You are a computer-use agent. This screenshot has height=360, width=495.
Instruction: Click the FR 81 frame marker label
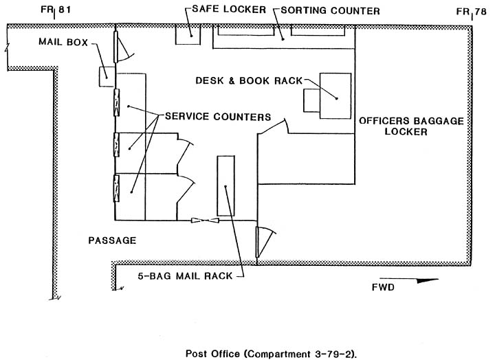point(56,10)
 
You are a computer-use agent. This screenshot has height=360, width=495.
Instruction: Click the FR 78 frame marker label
point(472,12)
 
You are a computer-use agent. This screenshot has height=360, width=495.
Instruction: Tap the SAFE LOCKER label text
point(229,9)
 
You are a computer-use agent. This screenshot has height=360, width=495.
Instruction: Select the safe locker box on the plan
point(188,35)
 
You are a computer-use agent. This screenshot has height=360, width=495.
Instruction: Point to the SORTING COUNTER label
point(330,11)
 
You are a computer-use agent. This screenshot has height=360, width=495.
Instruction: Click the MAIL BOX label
point(63,42)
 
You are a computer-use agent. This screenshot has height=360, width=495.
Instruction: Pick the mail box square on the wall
point(107,76)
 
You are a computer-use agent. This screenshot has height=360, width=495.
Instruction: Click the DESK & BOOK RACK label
point(249,80)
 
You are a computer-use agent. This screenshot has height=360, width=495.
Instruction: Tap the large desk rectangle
point(335,96)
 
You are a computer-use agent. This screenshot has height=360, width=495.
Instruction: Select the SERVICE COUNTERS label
point(218,117)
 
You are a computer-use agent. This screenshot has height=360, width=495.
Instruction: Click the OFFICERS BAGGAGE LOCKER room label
point(411,126)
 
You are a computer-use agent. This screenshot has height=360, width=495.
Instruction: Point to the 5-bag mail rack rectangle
point(225,185)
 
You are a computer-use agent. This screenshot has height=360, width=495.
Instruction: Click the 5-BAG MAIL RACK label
point(185,276)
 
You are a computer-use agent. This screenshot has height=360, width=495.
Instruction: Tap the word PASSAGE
point(112,240)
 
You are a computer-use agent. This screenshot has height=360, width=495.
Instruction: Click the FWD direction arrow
point(409,280)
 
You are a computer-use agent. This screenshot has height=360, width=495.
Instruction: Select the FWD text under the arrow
point(383,287)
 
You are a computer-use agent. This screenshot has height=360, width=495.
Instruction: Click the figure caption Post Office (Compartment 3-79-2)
point(271,354)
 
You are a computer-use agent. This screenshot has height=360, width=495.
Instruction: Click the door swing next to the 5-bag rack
point(266,243)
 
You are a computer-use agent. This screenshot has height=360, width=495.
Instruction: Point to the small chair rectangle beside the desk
point(311,100)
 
